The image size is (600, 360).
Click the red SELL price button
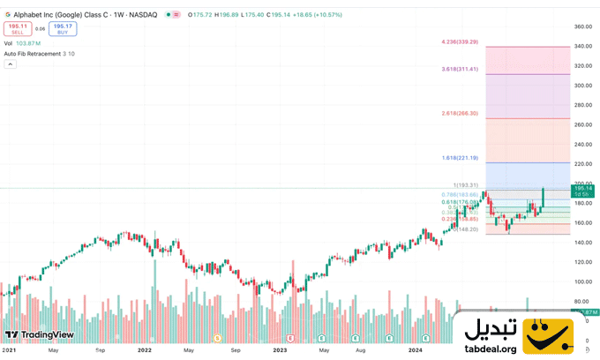tap(18, 28)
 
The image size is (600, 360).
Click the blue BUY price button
tap(63, 28)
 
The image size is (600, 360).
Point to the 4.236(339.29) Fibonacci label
tap(460, 41)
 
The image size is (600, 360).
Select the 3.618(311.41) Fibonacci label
tap(460, 68)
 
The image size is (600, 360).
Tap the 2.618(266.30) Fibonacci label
tap(460, 113)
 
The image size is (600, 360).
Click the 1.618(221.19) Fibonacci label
tap(460, 157)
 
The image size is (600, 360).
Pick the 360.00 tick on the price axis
tap(582, 26)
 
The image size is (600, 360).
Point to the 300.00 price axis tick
tap(582, 86)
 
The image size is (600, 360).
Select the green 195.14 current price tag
tap(582, 190)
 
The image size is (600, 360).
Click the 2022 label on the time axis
tap(146, 349)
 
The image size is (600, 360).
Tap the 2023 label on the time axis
tap(280, 349)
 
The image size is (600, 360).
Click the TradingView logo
tap(39, 335)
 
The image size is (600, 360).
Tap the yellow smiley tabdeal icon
tap(548, 335)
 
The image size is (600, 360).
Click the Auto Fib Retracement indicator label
tap(38, 54)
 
